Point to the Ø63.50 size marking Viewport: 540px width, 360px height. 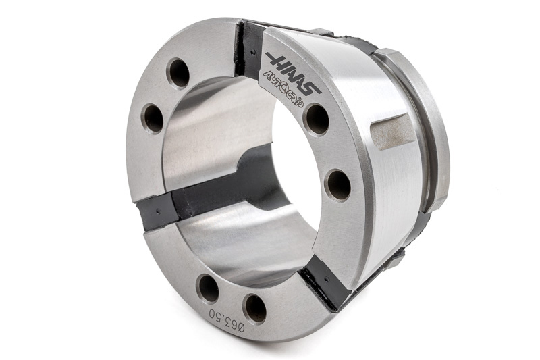[227, 319]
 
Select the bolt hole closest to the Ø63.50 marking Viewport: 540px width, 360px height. [254, 309]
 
